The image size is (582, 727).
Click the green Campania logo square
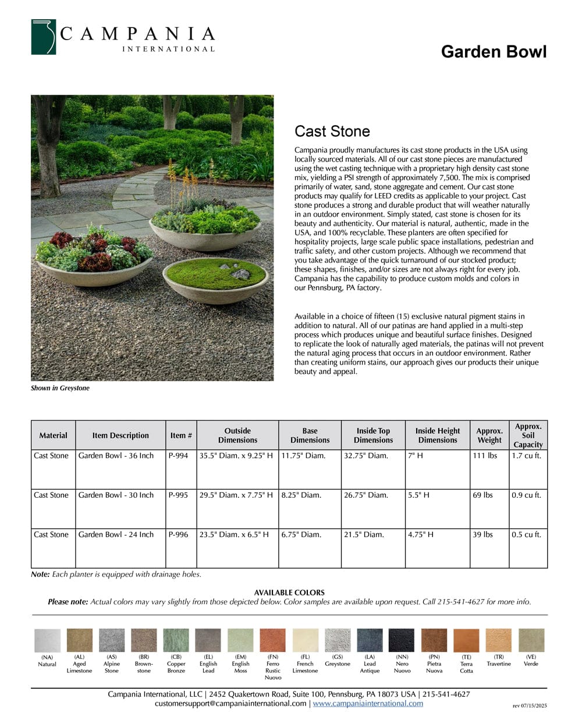coord(44,37)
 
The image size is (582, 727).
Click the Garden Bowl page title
coord(494,52)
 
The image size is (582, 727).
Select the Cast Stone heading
coord(332,131)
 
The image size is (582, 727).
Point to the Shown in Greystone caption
coord(60,388)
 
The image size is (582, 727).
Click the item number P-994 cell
coord(179,456)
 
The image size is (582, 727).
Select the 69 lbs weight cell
coord(482,496)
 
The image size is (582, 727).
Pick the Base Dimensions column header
coord(310,436)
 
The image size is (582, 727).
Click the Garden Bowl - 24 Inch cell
coord(116,535)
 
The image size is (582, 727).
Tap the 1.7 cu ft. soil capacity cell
coord(526,456)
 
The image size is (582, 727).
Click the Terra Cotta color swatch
coord(466,640)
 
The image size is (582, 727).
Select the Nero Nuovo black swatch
coord(402,640)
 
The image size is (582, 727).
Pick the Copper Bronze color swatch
coord(176,640)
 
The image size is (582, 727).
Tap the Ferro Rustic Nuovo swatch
coord(272,640)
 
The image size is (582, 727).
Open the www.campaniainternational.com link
coord(368,704)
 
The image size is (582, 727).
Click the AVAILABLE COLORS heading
coord(289,593)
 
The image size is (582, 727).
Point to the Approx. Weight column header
coord(489,436)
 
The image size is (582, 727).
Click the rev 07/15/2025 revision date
coord(530,706)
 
